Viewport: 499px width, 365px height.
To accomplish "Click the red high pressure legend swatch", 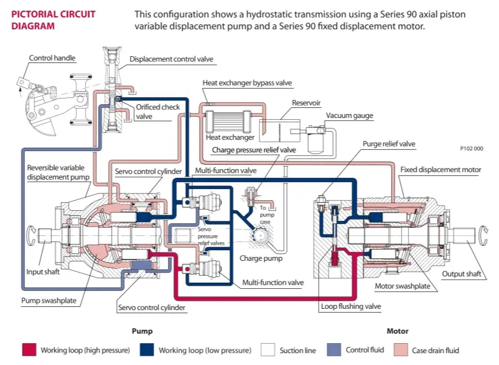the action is pos(29,350).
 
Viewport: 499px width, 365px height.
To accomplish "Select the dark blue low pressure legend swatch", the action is pos(147,350).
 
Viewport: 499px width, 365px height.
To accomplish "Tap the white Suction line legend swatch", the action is pos(268,350).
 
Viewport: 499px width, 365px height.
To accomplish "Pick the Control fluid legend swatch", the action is pos(334,350).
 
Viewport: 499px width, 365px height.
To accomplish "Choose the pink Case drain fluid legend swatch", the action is pos(400,350).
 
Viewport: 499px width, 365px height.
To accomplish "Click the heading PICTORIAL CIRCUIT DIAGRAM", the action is pos(54,20).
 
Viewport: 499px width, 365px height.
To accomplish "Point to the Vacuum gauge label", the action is pos(349,115).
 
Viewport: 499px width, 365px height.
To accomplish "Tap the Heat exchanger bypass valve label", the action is pos(247,83).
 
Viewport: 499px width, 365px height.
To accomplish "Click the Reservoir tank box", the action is pos(279,130).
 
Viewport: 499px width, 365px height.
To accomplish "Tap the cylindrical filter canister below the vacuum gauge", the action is pos(316,144).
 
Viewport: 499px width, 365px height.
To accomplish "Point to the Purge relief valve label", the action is pos(389,144).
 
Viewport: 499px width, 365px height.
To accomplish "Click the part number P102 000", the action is pos(472,148).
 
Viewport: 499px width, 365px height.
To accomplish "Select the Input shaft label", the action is pos(43,272).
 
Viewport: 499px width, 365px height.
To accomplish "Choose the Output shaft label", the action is pos(462,274).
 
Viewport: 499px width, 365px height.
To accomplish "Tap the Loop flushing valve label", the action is pos(351,306).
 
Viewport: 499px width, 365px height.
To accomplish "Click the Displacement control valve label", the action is pos(171,59).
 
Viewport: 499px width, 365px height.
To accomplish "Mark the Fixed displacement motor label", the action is pos(441,170).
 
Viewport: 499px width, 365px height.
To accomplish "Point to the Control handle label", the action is pos(52,58).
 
